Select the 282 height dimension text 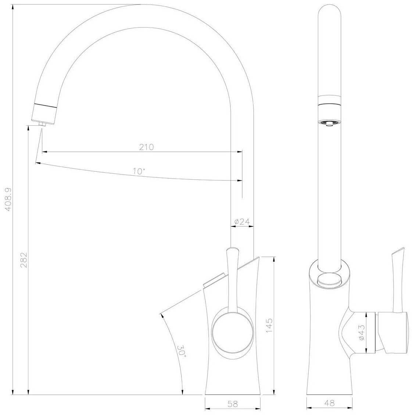(24, 259)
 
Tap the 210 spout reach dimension (146, 147)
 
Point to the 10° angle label (139, 171)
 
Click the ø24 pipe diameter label (242, 222)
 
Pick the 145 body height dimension (269, 326)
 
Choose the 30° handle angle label (182, 351)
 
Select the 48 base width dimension (330, 403)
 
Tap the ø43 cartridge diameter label (362, 333)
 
